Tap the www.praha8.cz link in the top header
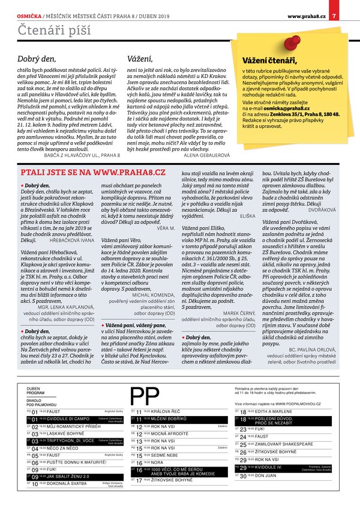pyautogui.click(x=306, y=16)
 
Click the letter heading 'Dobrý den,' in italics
pyautogui.click(x=37, y=59)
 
